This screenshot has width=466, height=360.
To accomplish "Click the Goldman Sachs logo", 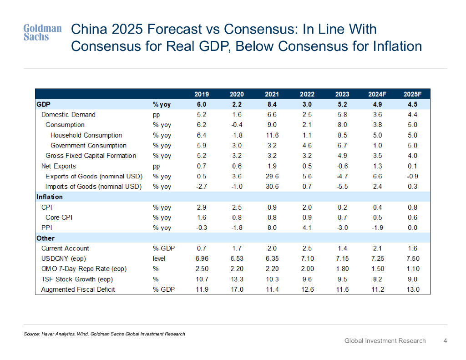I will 42,33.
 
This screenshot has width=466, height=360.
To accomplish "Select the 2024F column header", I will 377,94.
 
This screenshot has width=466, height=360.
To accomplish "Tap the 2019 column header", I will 202,94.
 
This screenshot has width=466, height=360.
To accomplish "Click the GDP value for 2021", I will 272,105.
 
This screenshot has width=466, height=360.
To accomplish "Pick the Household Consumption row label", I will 86,135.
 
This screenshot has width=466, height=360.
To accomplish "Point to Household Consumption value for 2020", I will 237,135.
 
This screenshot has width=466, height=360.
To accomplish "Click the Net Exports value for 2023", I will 342,166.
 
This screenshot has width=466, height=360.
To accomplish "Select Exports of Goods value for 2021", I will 272,176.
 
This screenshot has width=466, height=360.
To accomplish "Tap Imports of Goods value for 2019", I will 202,187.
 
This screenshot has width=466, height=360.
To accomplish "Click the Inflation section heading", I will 50,197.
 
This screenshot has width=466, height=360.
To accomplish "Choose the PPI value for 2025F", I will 412,228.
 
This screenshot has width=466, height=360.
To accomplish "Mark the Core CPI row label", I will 59,218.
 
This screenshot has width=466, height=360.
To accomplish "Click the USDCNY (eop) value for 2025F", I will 412,259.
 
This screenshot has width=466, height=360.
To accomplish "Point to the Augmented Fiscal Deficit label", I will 78,289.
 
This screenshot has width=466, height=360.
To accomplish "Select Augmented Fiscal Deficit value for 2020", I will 237,289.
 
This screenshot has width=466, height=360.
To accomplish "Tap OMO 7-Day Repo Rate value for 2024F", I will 377,269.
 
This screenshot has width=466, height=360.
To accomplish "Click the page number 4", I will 445,340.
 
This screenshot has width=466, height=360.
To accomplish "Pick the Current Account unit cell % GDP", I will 164,248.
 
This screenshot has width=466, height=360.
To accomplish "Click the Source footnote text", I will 104,334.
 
